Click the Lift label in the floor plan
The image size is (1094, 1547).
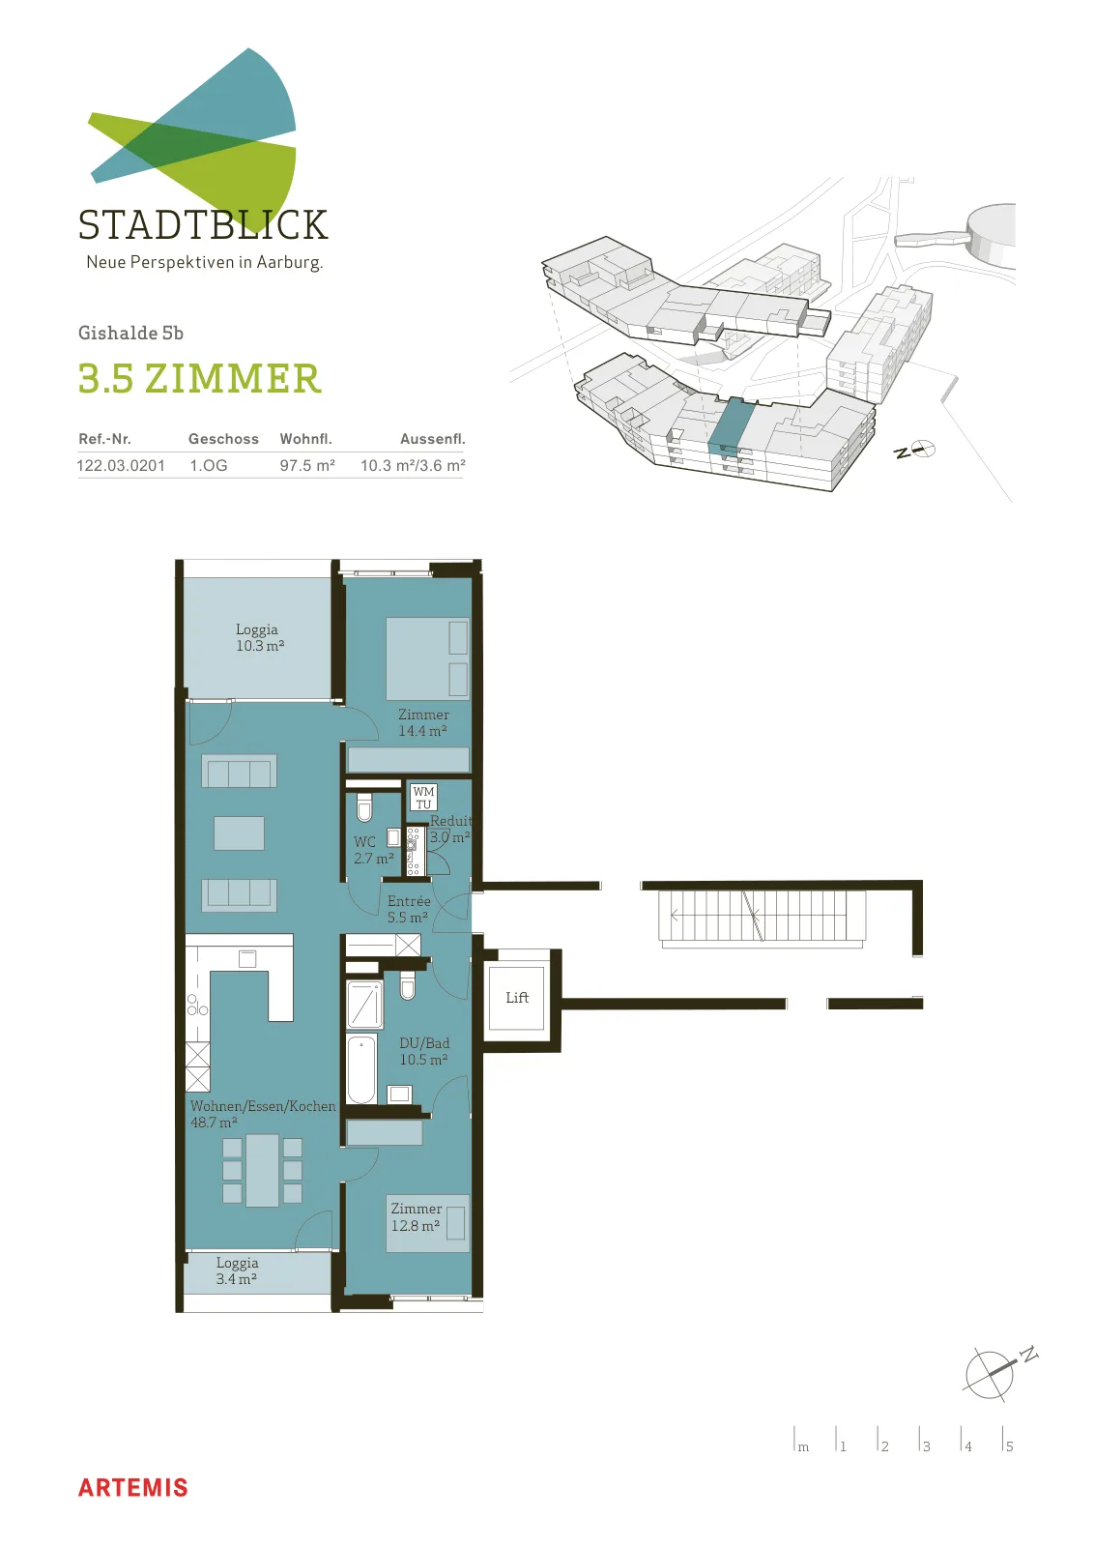tap(517, 997)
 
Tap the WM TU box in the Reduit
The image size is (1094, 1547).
tap(423, 798)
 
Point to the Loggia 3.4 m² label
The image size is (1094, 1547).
tap(237, 1270)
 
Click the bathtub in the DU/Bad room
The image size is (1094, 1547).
tap(361, 1069)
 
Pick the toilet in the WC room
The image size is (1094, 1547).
tap(364, 807)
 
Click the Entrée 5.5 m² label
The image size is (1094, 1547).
tap(409, 909)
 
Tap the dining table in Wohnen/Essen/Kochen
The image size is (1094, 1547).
tap(262, 1170)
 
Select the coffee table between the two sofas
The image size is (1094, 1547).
tap(239, 832)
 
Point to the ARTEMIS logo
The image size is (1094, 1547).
tap(132, 1488)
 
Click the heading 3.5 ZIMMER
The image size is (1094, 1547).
tap(199, 379)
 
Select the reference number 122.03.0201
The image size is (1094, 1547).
tap(121, 465)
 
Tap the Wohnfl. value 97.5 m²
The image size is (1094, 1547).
tap(307, 465)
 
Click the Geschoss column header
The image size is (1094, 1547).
tap(223, 439)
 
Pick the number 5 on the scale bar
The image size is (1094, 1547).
tap(1010, 1446)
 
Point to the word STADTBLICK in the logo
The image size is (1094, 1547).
tap(203, 224)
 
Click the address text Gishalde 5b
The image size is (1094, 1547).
tap(130, 333)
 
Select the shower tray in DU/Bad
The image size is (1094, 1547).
tap(363, 1005)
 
